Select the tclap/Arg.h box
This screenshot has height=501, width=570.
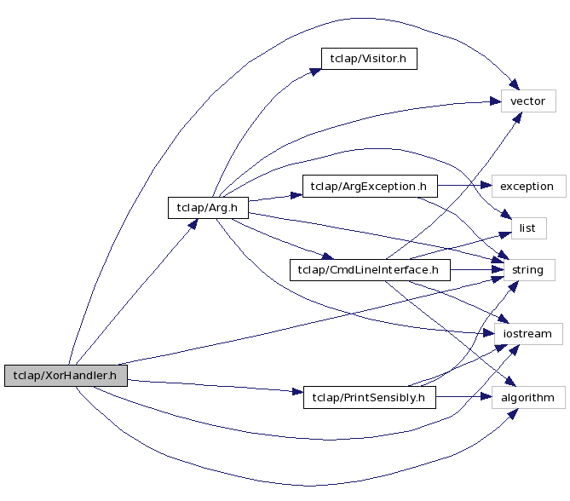tap(207, 207)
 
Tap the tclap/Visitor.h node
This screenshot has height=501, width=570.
tap(369, 59)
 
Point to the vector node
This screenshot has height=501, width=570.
tap(527, 101)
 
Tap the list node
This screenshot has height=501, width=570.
tap(527, 228)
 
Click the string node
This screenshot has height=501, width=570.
tap(527, 271)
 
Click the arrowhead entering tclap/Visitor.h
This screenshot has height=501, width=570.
tap(315, 71)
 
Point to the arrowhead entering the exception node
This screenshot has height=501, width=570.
tap(487, 187)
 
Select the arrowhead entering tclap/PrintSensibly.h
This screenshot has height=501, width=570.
tap(298, 392)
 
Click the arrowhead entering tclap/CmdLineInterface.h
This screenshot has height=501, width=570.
tap(325, 257)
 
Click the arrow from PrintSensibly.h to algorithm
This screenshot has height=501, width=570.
tap(464, 397)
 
